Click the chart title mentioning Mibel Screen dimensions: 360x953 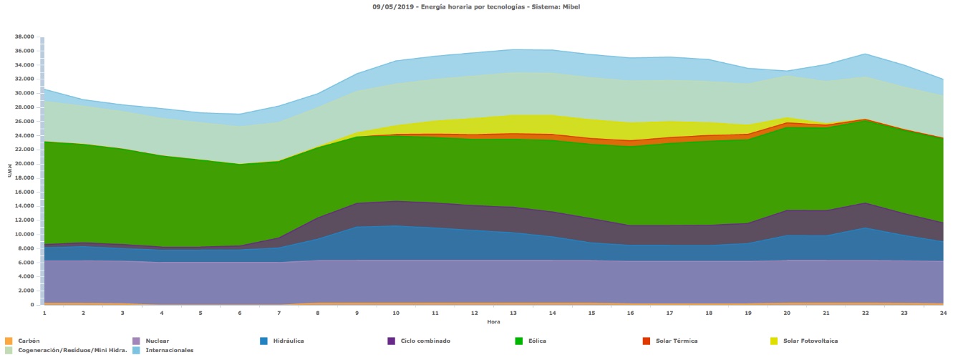click(x=476, y=6)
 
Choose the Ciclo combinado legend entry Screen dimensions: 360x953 click(x=425, y=341)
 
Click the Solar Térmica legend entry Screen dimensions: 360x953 click(x=675, y=341)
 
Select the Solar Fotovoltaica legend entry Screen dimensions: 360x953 click(x=810, y=341)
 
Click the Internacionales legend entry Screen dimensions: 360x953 click(x=169, y=350)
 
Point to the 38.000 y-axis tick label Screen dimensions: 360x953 click(x=24, y=37)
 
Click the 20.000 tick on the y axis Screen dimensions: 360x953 click(x=24, y=164)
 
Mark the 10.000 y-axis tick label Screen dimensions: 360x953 click(x=24, y=234)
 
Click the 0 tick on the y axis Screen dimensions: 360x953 click(x=32, y=305)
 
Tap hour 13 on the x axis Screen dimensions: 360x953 click(x=513, y=313)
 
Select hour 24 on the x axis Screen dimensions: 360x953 click(x=943, y=313)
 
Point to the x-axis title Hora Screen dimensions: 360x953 click(x=493, y=321)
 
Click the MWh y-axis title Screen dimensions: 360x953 click(x=10, y=172)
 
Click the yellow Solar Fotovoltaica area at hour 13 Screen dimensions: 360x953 click(x=513, y=124)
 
